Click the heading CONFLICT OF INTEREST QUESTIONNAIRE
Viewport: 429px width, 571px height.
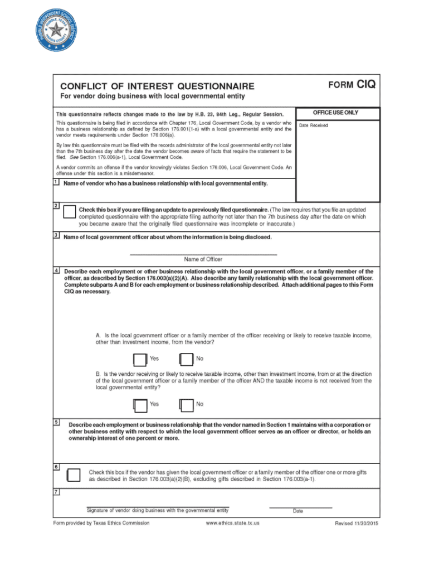[x=157, y=86]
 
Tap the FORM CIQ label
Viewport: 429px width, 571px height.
[x=352, y=85]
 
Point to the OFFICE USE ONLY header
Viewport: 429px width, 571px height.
[x=336, y=113]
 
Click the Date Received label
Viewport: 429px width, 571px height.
[x=314, y=125]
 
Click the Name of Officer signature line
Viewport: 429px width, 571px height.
[x=203, y=254]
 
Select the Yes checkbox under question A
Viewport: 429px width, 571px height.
[x=140, y=360]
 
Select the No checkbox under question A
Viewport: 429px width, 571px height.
[x=186, y=360]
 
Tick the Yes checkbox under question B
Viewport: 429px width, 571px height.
[x=140, y=405]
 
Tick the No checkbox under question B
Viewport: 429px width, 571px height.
[x=186, y=405]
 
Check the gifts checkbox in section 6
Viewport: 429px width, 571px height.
[x=74, y=475]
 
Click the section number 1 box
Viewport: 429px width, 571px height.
[x=57, y=182]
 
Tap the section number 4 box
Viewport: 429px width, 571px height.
[x=57, y=270]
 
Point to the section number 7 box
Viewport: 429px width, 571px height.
[x=57, y=491]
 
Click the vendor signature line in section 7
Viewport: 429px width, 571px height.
[x=158, y=506]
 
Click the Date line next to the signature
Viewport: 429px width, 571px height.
[x=300, y=507]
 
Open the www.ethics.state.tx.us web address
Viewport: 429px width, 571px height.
[x=232, y=523]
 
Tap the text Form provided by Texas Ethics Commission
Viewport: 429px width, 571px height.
[x=101, y=523]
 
